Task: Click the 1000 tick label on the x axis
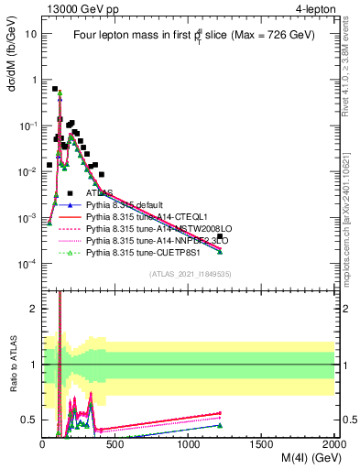click(189, 445)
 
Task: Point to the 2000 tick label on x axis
click(334, 445)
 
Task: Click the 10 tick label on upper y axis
click(30, 33)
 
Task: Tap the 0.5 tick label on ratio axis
click(28, 420)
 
